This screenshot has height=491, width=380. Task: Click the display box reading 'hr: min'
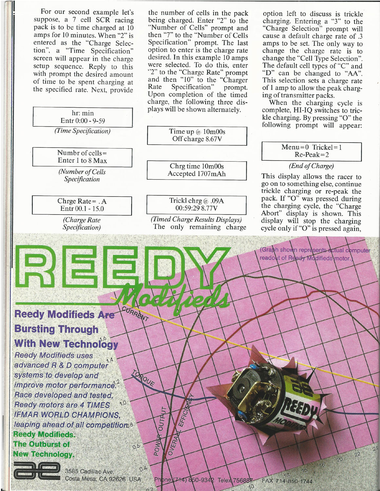click(x=83, y=117)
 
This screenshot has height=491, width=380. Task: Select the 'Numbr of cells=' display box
click(x=82, y=157)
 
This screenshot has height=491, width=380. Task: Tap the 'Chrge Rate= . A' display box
click(x=82, y=205)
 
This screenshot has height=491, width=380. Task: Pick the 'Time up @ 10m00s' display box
click(x=197, y=135)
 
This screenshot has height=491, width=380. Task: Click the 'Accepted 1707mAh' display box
click(x=197, y=170)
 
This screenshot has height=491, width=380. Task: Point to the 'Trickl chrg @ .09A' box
click(x=197, y=204)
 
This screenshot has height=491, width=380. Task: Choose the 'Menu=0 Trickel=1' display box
click(x=312, y=151)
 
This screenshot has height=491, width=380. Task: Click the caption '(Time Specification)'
click(x=83, y=131)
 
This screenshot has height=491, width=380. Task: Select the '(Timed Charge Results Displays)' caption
click(x=196, y=219)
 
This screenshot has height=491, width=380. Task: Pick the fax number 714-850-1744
click(x=287, y=481)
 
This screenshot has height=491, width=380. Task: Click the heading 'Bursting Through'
click(x=56, y=329)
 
